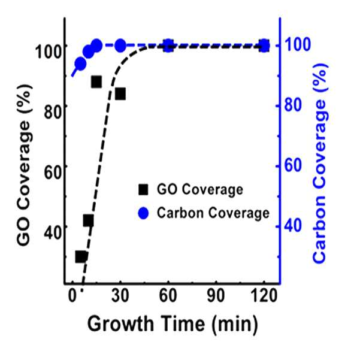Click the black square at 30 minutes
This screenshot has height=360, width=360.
tap(120, 94)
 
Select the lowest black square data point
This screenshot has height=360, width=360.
tap(81, 257)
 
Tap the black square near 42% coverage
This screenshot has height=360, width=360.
tap(89, 221)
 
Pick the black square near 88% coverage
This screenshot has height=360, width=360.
tap(96, 82)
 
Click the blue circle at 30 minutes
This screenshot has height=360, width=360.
tap(120, 46)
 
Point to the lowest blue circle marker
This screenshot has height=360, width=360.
tap(80, 63)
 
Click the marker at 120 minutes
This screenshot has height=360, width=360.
tap(264, 46)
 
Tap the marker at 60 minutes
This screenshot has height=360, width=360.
tap(168, 46)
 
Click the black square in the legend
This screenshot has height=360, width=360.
tap(143, 190)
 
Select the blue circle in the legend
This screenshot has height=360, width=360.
tap(143, 213)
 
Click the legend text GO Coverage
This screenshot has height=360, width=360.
tap(199, 190)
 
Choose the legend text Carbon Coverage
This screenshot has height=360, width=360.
tap(213, 213)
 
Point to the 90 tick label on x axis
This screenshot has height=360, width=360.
tap(216, 295)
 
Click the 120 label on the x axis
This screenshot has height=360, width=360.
tap(264, 295)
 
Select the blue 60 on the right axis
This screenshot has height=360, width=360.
tap(293, 165)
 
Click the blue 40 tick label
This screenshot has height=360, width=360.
tap(293, 226)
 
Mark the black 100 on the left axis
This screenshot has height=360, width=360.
tap(49, 52)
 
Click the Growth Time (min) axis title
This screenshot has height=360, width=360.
tap(173, 324)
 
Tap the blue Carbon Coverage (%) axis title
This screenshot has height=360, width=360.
tap(320, 164)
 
